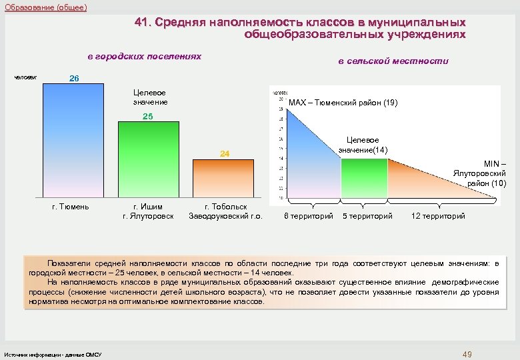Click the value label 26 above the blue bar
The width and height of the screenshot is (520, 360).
pyautogui.click(x=75, y=78)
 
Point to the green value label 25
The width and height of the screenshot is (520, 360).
pyautogui.click(x=148, y=116)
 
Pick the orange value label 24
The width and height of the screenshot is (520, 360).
pyautogui.click(x=225, y=154)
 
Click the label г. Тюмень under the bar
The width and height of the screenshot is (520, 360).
pyautogui.click(x=71, y=207)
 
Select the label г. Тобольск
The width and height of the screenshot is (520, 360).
pyautogui.click(x=225, y=207)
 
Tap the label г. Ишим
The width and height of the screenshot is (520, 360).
pyautogui.click(x=148, y=207)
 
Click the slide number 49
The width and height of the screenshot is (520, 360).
pyautogui.click(x=467, y=353)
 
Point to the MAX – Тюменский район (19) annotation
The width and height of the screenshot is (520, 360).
pyautogui.click(x=343, y=103)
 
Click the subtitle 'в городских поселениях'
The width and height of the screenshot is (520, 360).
pyautogui.click(x=145, y=57)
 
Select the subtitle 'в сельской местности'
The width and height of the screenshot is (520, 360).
pyautogui.click(x=393, y=61)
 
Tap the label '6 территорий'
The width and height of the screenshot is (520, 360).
pyautogui.click(x=309, y=216)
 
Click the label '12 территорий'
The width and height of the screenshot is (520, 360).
pyautogui.click(x=438, y=216)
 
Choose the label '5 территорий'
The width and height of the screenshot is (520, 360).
pyautogui.click(x=367, y=216)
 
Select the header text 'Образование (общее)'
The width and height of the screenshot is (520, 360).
pyautogui.click(x=45, y=7)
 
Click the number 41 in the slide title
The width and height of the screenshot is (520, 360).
pyautogui.click(x=141, y=22)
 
